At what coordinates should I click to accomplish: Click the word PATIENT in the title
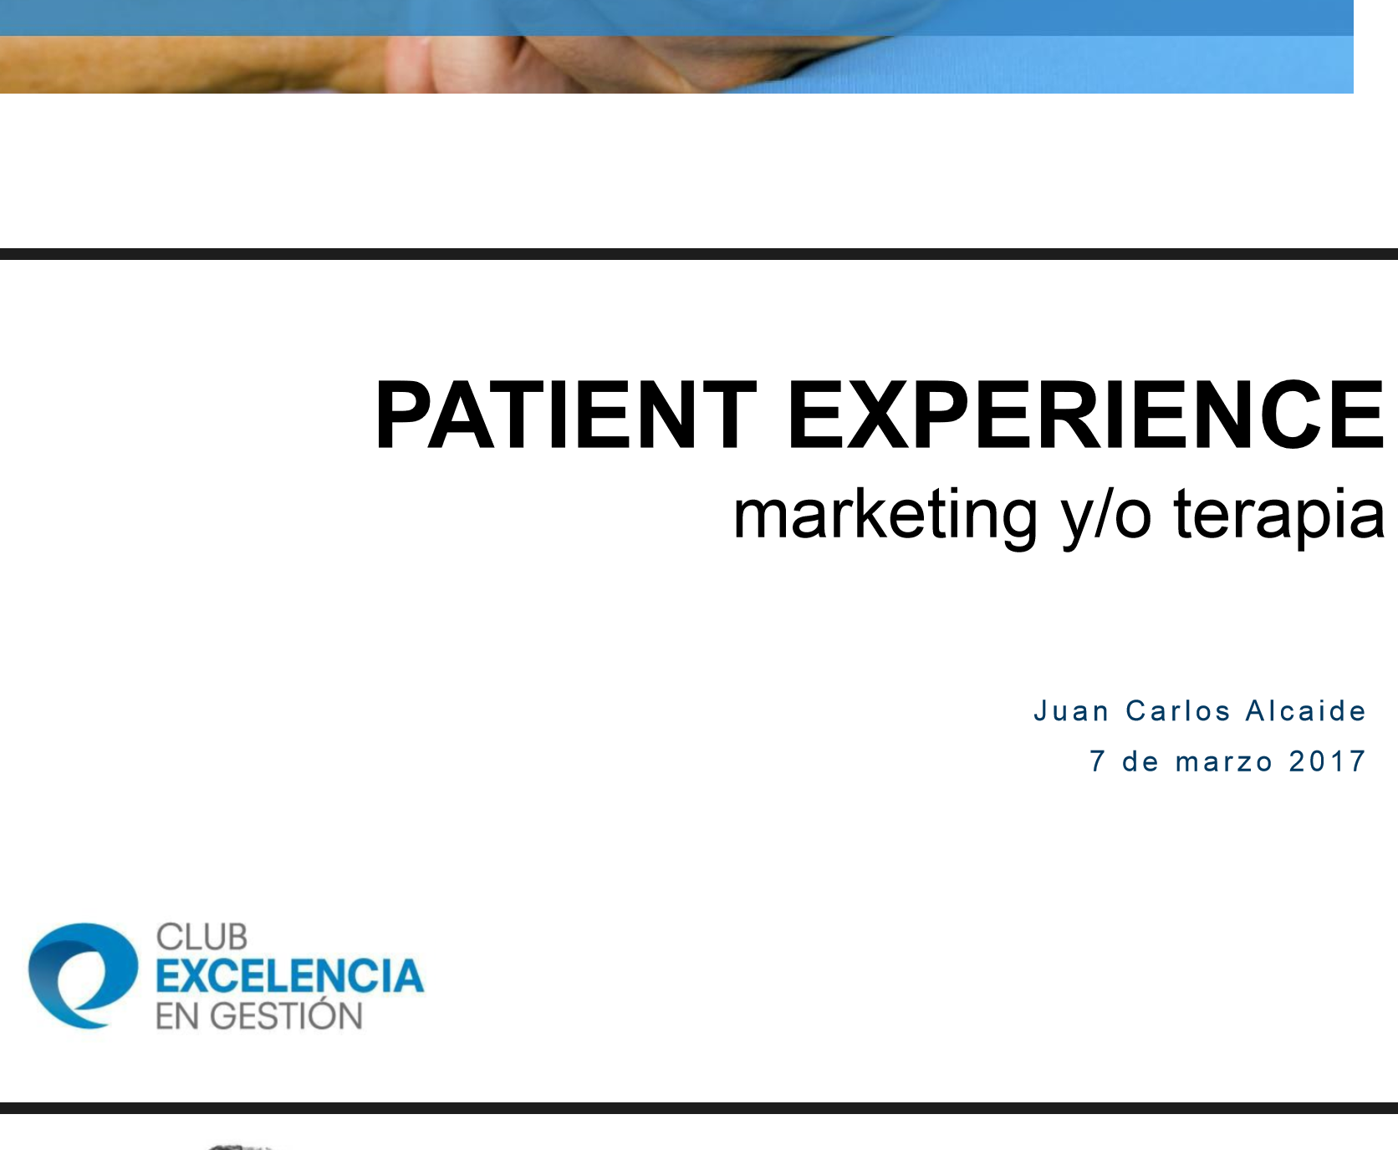pos(565,415)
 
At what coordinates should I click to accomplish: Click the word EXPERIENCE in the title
pos(1086,415)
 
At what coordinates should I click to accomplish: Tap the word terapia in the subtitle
pos(1279,515)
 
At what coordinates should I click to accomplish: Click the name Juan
pos(1071,711)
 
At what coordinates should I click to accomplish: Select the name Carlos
pos(1178,711)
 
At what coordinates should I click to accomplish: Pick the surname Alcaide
pos(1305,711)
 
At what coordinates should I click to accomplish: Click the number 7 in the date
pos(1098,761)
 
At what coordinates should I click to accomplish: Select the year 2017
pos(1327,761)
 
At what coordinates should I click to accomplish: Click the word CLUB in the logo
pos(202,938)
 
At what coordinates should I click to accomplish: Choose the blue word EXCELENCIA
pos(290,976)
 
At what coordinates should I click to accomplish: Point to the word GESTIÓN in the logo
pos(286,1015)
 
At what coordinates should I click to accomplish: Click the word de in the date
pos(1140,761)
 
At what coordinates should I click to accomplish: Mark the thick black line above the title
pos(699,254)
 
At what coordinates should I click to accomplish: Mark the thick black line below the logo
pos(699,1108)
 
